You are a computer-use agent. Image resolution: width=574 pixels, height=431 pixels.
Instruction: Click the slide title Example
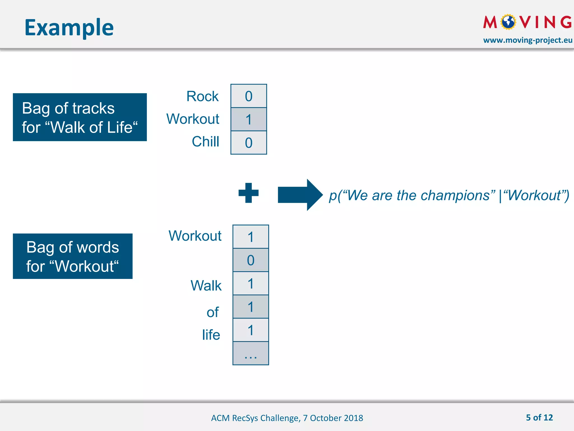pos(69,27)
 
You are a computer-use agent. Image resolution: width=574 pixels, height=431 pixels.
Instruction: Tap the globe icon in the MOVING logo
pos(508,22)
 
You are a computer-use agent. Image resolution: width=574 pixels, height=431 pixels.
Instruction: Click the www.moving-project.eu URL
pos(527,40)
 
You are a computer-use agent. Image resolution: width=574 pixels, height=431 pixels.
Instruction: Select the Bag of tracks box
pos(80,117)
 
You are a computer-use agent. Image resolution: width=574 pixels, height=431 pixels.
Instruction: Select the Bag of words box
pos(73,256)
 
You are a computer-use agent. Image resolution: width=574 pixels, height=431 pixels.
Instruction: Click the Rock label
pos(202,96)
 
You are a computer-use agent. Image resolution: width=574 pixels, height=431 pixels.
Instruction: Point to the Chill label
pos(205,141)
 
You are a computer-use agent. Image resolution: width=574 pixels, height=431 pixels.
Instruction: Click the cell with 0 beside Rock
pos(249,96)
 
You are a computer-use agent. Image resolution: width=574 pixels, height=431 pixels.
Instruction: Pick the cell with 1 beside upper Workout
pos(249,119)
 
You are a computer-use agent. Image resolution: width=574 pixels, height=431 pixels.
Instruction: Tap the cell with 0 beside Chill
pos(249,143)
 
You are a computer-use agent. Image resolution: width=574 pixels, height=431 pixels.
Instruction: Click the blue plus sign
pos(248,193)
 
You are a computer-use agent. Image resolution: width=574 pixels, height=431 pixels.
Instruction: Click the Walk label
pos(206,286)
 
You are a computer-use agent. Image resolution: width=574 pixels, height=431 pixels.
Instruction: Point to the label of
pos(212,312)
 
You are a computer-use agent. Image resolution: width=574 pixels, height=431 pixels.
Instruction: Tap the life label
pos(211,335)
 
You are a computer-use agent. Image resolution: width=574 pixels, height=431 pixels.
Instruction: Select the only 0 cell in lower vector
pos(251,260)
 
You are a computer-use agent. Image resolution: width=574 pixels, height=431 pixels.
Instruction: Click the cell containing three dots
pos(251,354)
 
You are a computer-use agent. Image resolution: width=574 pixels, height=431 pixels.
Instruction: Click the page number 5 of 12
pos(539,418)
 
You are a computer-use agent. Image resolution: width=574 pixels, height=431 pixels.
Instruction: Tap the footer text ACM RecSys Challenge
pos(287,418)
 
